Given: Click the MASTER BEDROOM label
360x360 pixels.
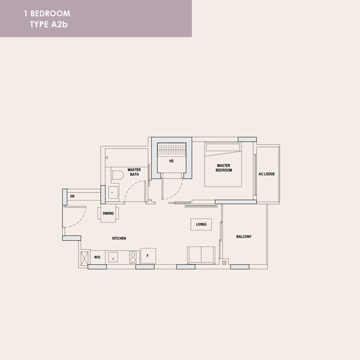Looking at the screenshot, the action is pos(224,167).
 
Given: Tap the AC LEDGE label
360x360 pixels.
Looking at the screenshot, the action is pos(266,174).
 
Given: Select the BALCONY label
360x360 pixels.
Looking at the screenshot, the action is pos(244,236).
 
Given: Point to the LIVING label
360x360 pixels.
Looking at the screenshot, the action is pos(201,224).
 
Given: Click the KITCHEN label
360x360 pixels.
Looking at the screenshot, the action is pos(119,238).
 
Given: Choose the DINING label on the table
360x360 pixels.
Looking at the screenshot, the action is pos(108,213).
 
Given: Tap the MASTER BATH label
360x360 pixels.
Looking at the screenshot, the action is pos(134,172).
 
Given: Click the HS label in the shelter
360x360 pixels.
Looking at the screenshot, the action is pos(171,161).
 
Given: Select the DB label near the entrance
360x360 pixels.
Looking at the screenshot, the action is pos(73,196).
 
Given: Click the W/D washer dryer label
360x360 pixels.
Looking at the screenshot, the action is pos(97,257).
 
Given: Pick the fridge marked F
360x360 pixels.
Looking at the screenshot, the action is pos(148,256).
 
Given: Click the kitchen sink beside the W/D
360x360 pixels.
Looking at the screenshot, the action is pos(113,257).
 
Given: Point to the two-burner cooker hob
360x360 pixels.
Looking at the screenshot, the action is pos(133,257).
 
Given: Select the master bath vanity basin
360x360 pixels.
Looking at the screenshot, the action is pos(113,192).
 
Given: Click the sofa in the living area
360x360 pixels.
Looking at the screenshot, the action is pos(202,256).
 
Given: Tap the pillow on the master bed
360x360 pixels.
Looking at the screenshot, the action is pos(223,148).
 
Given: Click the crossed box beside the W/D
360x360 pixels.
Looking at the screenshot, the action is pos(84,258).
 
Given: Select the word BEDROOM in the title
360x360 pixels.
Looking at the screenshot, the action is pos(50,14).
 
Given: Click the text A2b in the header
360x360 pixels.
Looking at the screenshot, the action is pos(59,25).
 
